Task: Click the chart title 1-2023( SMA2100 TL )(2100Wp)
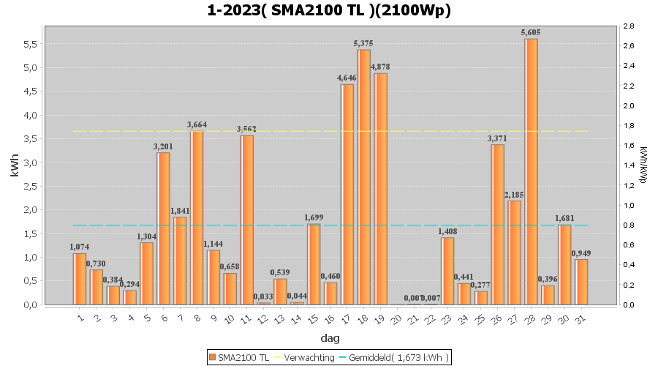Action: tap(329, 10)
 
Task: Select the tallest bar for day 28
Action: tap(531, 171)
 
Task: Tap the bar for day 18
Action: tap(363, 176)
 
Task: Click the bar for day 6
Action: tap(163, 228)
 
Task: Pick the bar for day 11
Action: tap(246, 220)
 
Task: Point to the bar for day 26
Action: tap(497, 224)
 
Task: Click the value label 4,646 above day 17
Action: tap(347, 78)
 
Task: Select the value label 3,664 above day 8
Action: tap(197, 124)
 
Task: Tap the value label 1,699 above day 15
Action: tap(314, 217)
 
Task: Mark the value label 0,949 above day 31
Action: tap(581, 253)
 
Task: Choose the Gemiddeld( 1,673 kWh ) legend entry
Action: tap(398, 356)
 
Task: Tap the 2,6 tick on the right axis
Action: tap(628, 46)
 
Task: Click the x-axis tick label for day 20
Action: tap(396, 318)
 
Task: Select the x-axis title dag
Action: tap(329, 338)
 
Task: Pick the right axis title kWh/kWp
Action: tap(643, 165)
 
